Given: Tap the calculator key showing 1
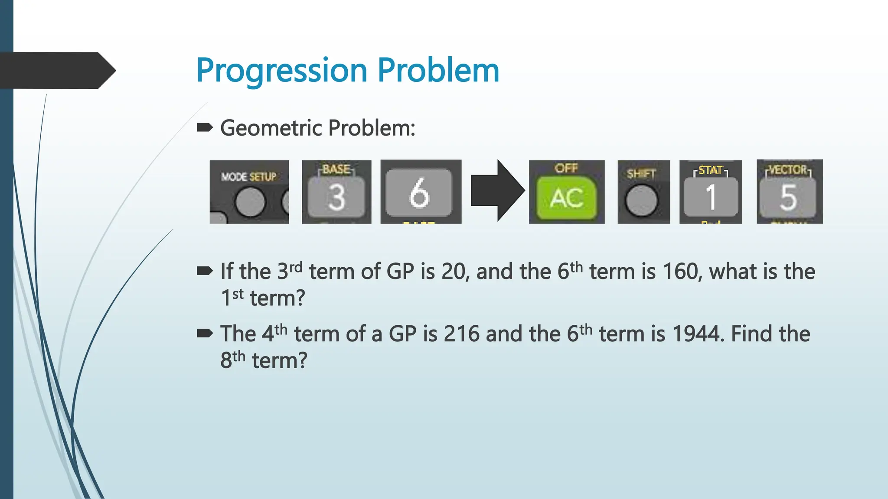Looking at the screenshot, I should pyautogui.click(x=711, y=197).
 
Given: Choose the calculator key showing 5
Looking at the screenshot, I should pyautogui.click(x=789, y=197).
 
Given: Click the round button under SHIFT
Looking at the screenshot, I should pyautogui.click(x=641, y=201).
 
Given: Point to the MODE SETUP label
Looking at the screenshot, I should pyautogui.click(x=248, y=177).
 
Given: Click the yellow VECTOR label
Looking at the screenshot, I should pyautogui.click(x=788, y=169).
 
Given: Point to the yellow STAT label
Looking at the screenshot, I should pyautogui.click(x=711, y=170).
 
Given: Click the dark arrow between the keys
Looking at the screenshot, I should pyautogui.click(x=497, y=191).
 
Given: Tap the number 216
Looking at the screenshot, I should pyautogui.click(x=461, y=334).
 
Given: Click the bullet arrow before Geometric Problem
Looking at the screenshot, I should pyautogui.click(x=205, y=127).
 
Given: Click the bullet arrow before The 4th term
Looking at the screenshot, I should pyautogui.click(x=205, y=333).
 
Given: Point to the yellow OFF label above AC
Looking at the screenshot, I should pyautogui.click(x=566, y=168).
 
